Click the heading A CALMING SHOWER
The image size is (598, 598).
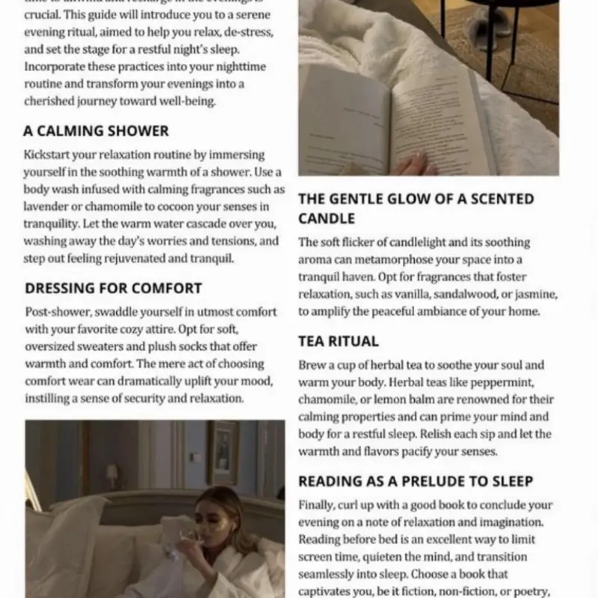(x=96, y=131)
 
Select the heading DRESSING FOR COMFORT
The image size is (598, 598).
(x=113, y=289)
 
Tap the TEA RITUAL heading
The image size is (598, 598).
(x=338, y=342)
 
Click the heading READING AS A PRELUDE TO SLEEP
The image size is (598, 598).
(x=416, y=482)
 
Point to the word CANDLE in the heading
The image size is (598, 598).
(x=327, y=219)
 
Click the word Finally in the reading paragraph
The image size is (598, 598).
(x=318, y=505)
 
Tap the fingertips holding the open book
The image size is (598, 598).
(x=412, y=164)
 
